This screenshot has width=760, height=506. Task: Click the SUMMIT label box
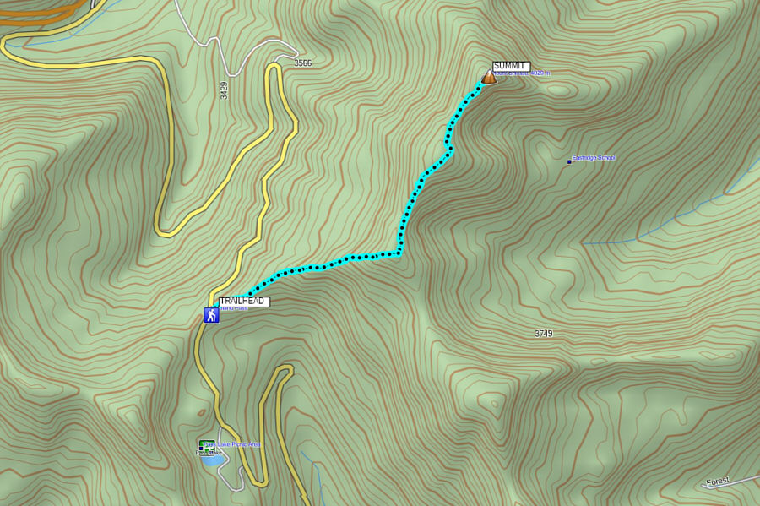511,66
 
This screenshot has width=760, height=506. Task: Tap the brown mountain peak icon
488,78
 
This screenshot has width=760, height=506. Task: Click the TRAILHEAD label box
244,302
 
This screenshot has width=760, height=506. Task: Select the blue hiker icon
210,316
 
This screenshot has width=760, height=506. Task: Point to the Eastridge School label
594,158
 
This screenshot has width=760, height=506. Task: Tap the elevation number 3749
543,334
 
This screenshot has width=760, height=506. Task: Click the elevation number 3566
302,63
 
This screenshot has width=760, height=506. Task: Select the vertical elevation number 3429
224,90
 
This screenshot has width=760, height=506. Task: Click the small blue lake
213,460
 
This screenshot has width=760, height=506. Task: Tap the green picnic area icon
205,444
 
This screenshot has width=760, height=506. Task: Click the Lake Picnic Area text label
237,444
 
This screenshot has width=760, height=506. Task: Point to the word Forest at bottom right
717,482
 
